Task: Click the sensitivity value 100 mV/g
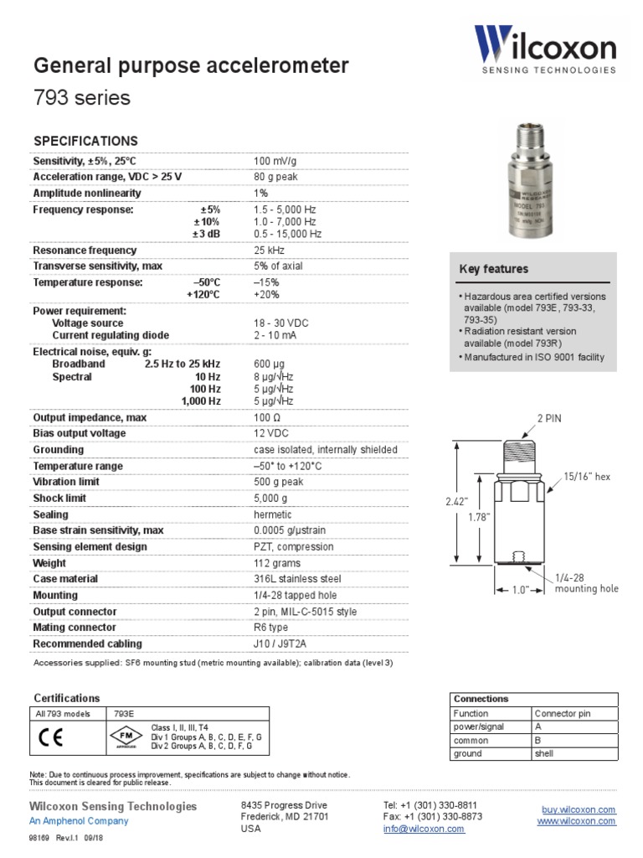275,160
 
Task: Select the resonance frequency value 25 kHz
269,251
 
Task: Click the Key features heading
494,269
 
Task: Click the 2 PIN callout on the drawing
549,417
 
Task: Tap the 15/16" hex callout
588,477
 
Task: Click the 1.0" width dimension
522,590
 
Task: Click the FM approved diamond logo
122,737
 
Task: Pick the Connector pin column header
563,714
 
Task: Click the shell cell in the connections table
544,753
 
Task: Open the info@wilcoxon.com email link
424,829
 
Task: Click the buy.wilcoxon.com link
579,809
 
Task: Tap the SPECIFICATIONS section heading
85,141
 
